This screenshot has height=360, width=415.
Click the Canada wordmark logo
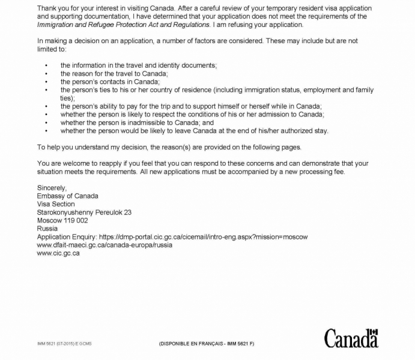tap(351, 339)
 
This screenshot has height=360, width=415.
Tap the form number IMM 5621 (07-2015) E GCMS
tap(64, 344)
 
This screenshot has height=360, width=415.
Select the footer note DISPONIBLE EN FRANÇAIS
tap(206, 344)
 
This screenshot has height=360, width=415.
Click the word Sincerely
tap(52, 188)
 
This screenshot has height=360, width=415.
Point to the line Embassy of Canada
tap(67, 196)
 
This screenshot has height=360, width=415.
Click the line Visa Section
tap(56, 204)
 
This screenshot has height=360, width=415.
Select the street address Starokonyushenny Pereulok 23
tap(84, 212)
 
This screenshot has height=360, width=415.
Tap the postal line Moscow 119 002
tap(62, 220)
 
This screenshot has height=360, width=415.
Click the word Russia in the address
tap(47, 229)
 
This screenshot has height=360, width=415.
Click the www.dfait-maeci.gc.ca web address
tap(105, 245)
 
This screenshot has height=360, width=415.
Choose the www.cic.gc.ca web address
tap(58, 253)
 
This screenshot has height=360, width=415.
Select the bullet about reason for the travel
tap(114, 73)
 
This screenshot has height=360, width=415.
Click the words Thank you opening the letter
tap(52, 8)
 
